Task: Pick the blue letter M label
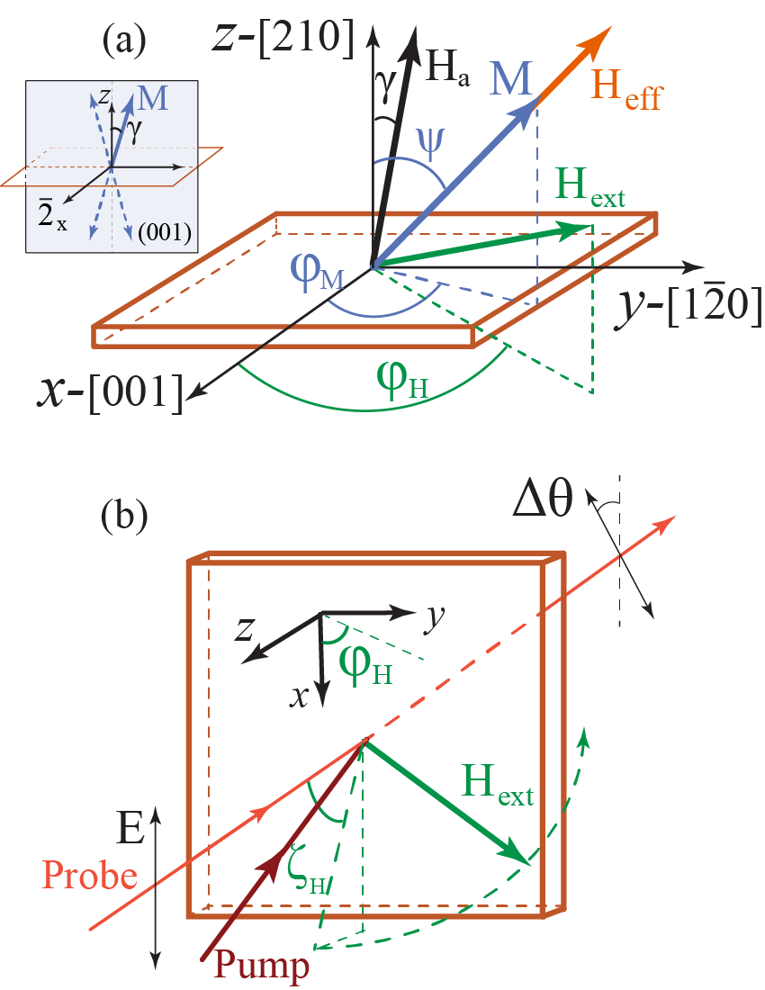click(x=511, y=83)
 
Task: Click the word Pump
click(x=266, y=966)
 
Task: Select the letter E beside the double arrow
click(x=131, y=824)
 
